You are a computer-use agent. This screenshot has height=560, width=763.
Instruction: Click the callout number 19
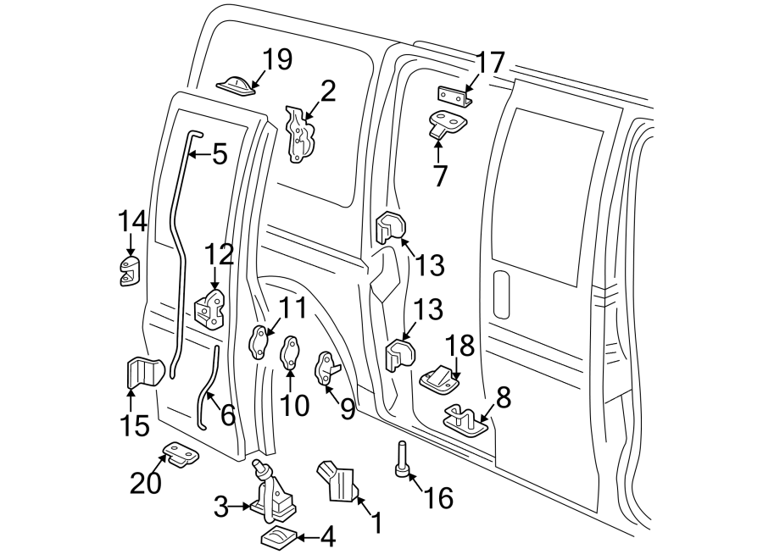coord(276,59)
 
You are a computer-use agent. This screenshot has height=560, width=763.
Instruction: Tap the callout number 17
coord(490,63)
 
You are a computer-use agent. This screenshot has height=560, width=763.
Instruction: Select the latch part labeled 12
coord(209,308)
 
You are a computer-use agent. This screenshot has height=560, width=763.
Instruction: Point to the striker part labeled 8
coord(462,418)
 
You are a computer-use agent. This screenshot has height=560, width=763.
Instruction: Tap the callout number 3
coord(221,508)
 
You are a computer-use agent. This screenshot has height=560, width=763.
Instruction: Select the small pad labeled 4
coord(277,538)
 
